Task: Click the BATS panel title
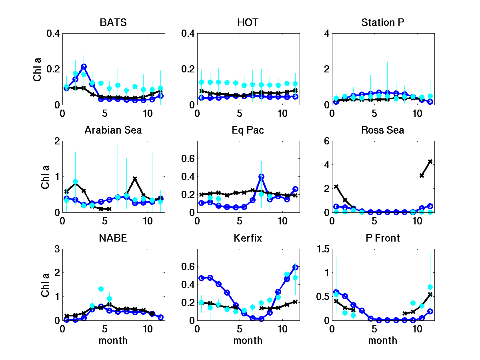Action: tap(113, 23)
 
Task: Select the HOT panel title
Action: tap(248, 23)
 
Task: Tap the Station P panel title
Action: tap(383, 23)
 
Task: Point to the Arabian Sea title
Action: tap(113, 130)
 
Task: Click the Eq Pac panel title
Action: tap(248, 130)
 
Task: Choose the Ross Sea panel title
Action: tap(383, 130)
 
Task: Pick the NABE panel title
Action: tap(113, 238)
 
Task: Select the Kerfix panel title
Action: tap(248, 238)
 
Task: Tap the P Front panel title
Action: tap(383, 238)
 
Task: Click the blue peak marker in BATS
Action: tap(84, 66)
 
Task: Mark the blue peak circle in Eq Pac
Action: tap(261, 176)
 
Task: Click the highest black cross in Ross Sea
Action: tap(430, 161)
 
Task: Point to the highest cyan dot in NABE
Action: tap(101, 289)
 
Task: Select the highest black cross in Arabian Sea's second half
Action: tap(135, 179)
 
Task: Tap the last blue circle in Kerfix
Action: tap(296, 267)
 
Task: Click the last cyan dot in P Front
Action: tap(430, 287)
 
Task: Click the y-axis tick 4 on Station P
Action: tap(326, 34)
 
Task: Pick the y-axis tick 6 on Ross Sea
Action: tap(326, 141)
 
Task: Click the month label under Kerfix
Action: tap(248, 340)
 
